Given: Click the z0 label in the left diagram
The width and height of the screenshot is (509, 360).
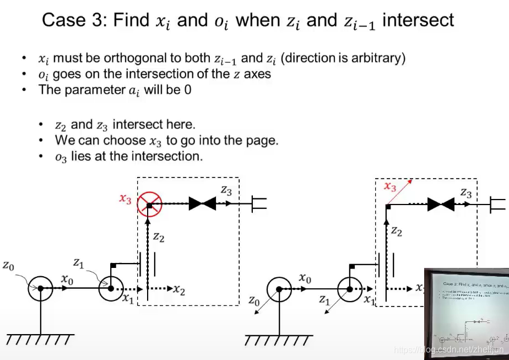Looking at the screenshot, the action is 8,266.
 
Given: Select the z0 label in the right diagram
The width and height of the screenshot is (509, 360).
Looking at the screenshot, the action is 254,301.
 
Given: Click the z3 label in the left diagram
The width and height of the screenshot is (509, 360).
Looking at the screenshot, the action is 227,190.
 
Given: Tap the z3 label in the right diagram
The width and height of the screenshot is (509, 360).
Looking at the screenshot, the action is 466,193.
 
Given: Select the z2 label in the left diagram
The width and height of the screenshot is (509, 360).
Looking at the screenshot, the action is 159,238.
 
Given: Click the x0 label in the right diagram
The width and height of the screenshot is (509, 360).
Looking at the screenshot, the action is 305,279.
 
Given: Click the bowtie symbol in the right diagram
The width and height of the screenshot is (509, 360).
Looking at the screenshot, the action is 441,205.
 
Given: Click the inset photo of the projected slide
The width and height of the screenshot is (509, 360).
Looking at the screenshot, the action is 466,313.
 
